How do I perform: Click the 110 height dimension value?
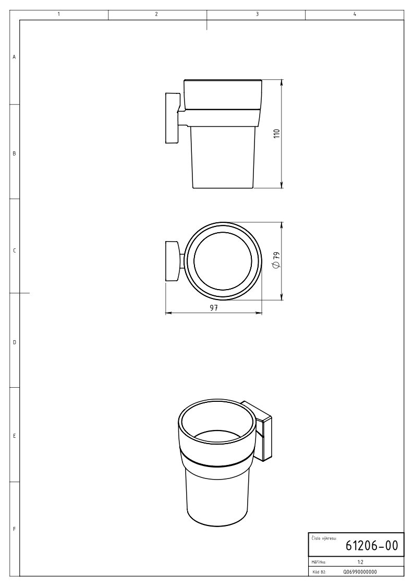click(x=277, y=134)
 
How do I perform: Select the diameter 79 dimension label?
click(x=276, y=260)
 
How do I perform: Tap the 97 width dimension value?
click(x=214, y=307)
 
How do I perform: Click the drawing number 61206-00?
click(x=372, y=546)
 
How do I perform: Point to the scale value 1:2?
click(x=360, y=562)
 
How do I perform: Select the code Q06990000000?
click(x=360, y=572)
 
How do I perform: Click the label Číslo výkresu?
click(x=324, y=539)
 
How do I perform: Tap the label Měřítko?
click(x=319, y=562)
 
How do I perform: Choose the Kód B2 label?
click(x=319, y=572)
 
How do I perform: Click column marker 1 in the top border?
click(x=59, y=14)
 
